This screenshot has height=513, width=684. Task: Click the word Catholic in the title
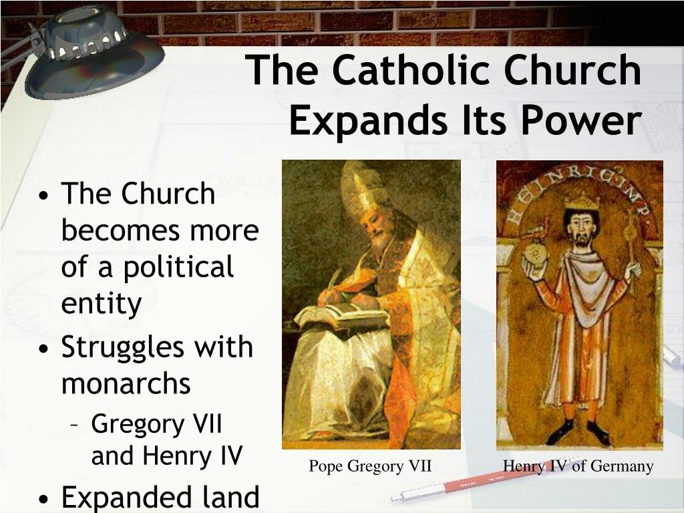[413, 69]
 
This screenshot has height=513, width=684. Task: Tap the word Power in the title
[581, 120]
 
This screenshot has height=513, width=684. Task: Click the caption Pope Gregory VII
[370, 466]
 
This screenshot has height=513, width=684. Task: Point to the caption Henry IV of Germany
[578, 466]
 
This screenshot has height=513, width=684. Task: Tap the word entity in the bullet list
[102, 303]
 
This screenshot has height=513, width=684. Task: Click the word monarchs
[126, 383]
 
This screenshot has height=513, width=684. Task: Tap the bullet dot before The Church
[43, 194]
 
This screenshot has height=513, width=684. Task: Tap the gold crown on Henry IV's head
[582, 202]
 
